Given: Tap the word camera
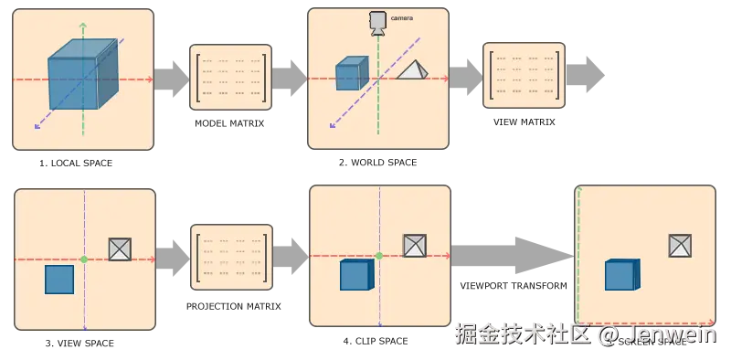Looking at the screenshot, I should (401, 18).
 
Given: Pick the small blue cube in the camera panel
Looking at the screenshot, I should (349, 74).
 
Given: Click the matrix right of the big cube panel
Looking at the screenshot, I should (230, 78).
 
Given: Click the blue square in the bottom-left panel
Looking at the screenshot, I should (59, 279).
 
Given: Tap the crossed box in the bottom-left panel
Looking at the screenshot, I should (121, 249).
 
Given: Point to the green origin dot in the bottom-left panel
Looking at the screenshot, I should (84, 260).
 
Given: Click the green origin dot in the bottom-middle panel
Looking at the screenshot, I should (378, 256).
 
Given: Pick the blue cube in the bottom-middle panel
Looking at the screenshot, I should (355, 274).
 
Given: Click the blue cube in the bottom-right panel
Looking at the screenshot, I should (621, 275).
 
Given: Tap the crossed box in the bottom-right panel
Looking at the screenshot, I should (679, 245).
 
